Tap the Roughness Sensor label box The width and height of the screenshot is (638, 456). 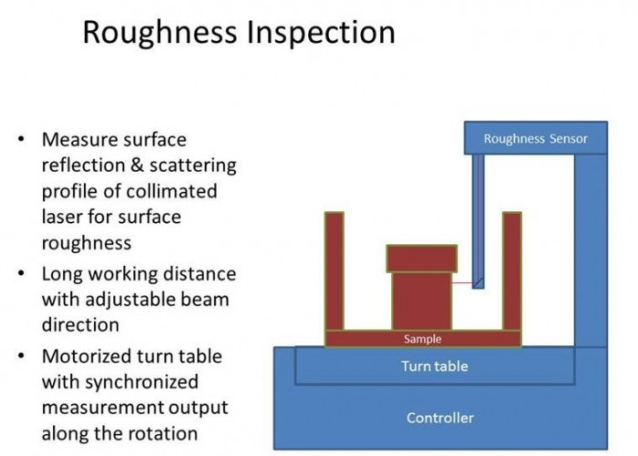(535, 139)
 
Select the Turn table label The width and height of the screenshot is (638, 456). (435, 366)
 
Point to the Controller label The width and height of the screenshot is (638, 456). (439, 418)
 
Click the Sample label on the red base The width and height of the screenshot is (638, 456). (422, 339)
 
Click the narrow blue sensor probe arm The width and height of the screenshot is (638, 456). (478, 218)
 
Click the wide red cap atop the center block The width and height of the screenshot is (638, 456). (421, 258)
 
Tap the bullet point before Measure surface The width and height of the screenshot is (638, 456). (21, 140)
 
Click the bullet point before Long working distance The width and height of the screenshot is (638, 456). (21, 274)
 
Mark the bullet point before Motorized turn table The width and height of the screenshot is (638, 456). (21, 356)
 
